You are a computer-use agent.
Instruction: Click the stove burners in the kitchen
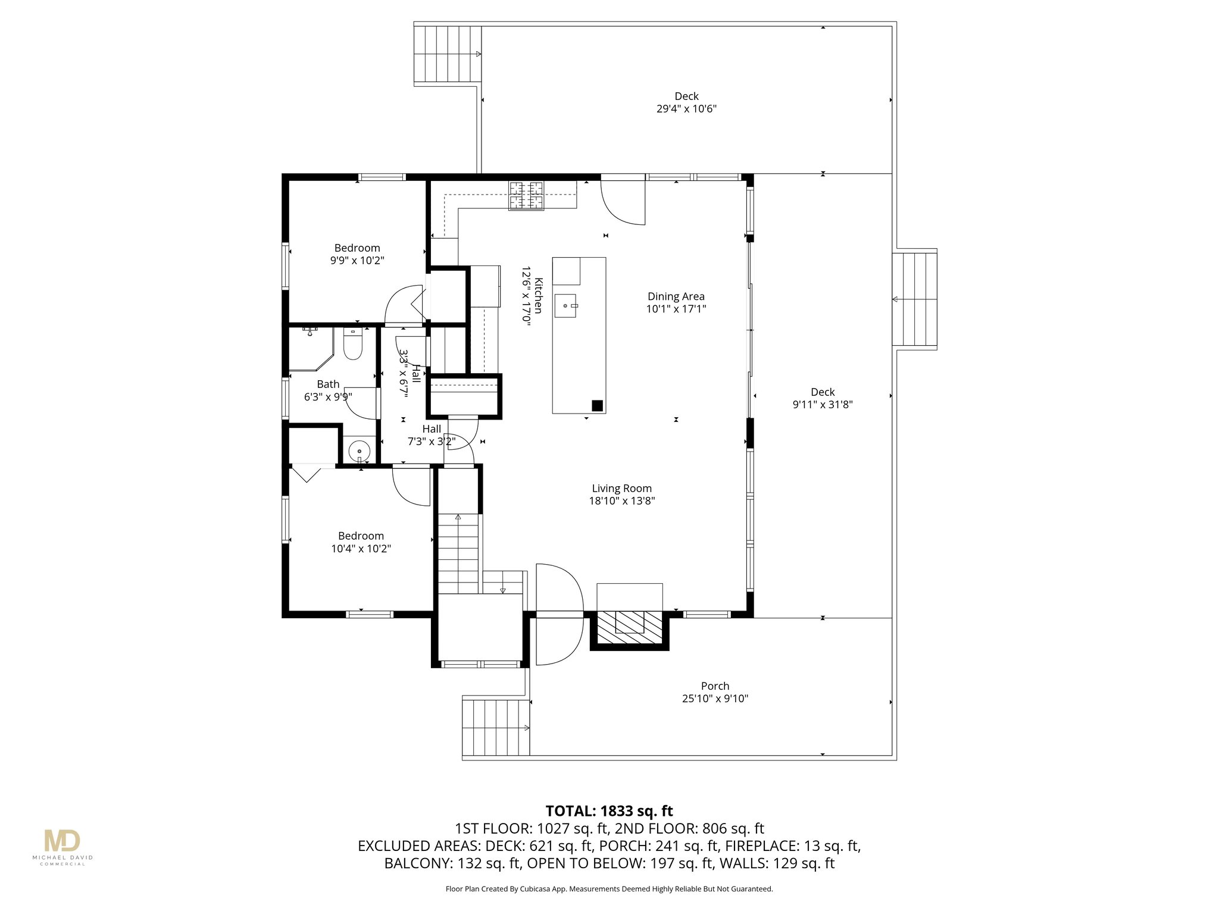pos(526,195)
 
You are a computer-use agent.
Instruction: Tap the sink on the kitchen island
pos(565,305)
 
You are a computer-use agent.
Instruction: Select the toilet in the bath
pos(353,345)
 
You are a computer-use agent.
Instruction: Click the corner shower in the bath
pos(310,348)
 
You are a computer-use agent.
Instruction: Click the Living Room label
pos(621,488)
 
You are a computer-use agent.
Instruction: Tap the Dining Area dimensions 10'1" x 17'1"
pos(676,309)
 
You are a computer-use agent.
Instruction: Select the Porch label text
pos(715,686)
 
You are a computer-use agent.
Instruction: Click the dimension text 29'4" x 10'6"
pos(686,109)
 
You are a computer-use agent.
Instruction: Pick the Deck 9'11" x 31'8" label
pos(823,398)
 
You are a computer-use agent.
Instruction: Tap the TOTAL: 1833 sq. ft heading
pos(609,811)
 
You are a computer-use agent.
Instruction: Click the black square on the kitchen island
pos(597,406)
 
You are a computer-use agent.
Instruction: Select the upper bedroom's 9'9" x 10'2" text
pos(357,261)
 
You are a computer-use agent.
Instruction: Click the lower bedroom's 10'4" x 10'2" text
pos(361,549)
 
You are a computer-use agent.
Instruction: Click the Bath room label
pos(328,384)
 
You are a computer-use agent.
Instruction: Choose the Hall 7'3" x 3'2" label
pos(432,436)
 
